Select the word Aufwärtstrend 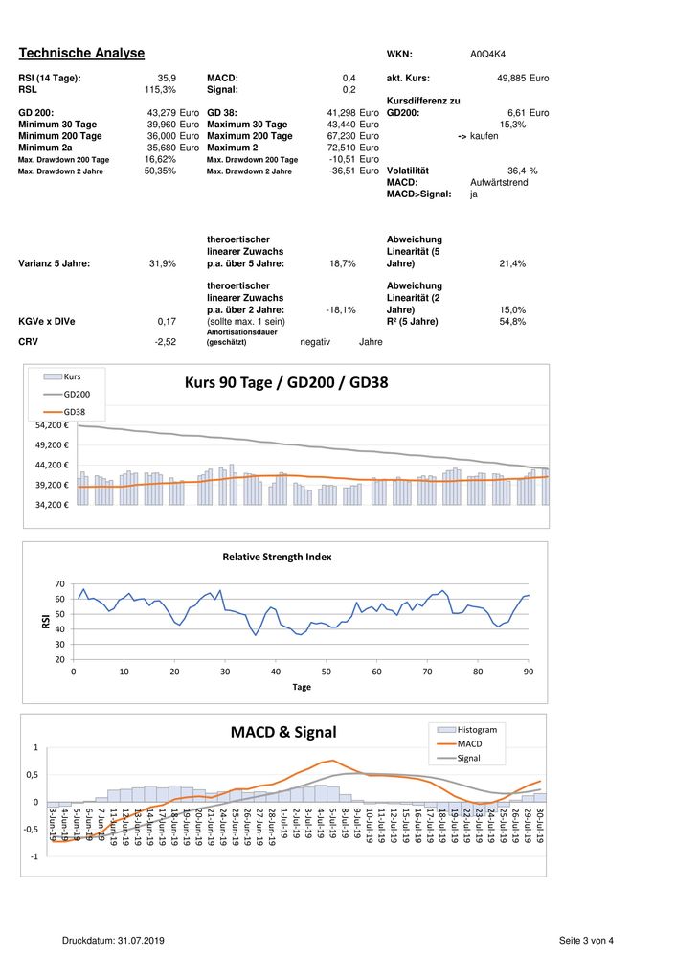(499, 182)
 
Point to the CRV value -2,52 (164, 340)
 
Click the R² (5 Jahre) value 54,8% (512, 322)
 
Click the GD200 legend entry (77, 394)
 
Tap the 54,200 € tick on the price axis (53, 425)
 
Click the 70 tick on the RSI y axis (60, 584)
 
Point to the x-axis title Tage (302, 687)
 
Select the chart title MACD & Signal (283, 732)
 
